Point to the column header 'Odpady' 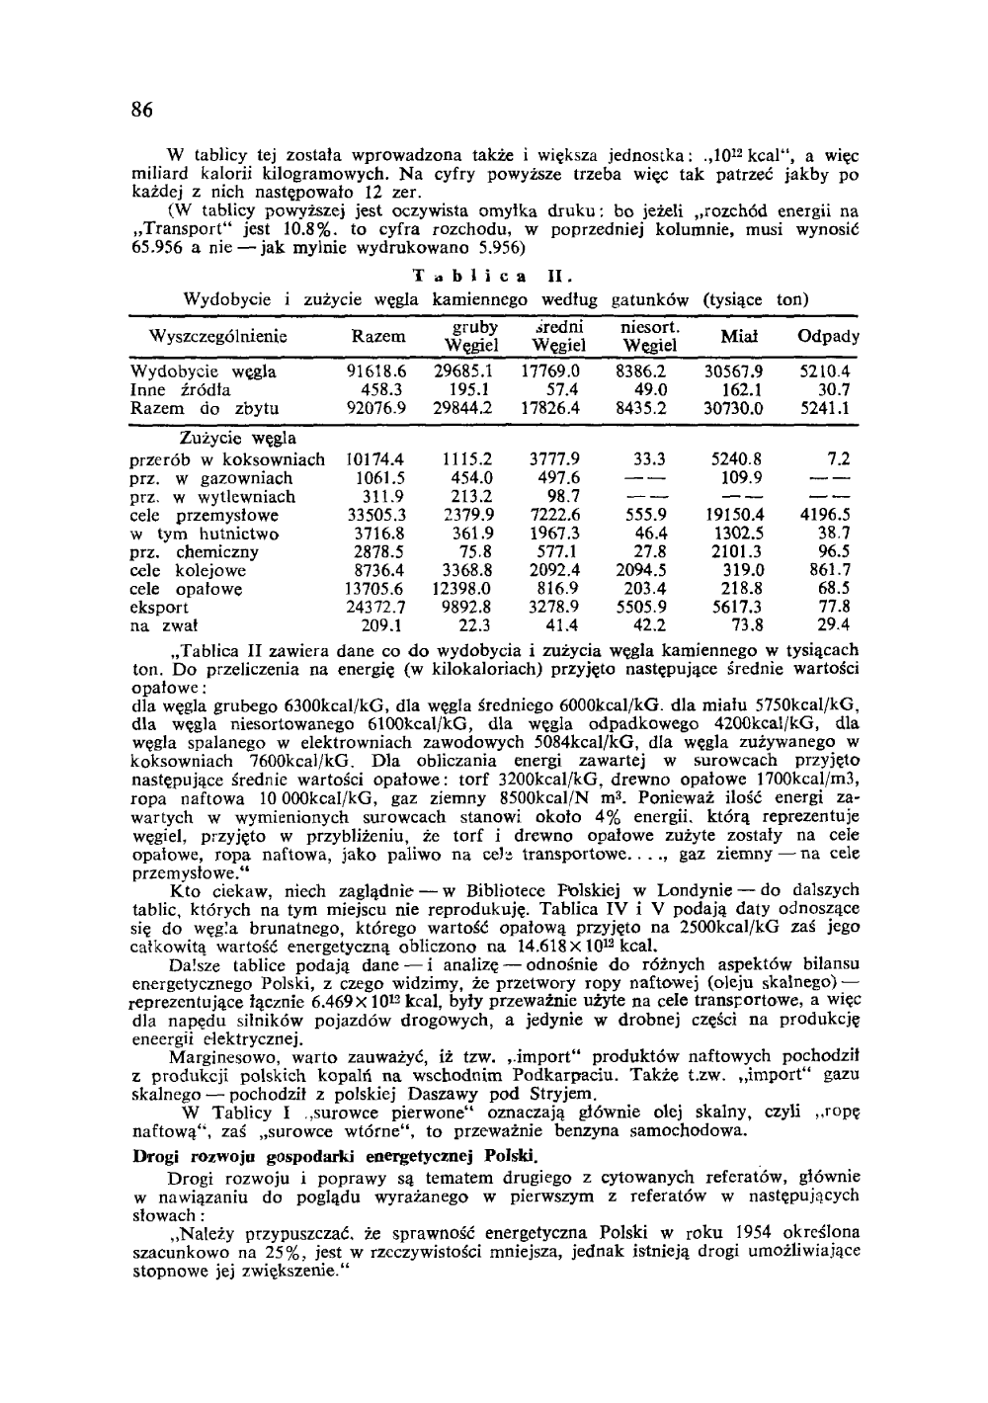828,336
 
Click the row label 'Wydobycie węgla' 204,372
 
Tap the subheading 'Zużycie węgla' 237,438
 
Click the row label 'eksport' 160,607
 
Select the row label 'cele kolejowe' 188,570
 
